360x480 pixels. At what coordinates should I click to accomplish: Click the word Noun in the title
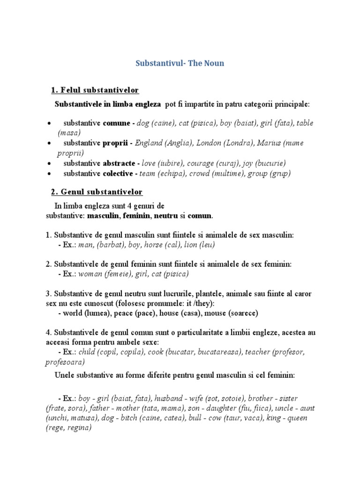(213, 63)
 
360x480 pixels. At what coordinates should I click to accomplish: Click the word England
(149, 143)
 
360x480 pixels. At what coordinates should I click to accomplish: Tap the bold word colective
(119, 173)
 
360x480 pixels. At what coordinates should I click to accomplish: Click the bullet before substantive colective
(49, 173)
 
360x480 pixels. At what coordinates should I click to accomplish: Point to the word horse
(152, 245)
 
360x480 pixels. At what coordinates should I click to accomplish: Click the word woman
(91, 274)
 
